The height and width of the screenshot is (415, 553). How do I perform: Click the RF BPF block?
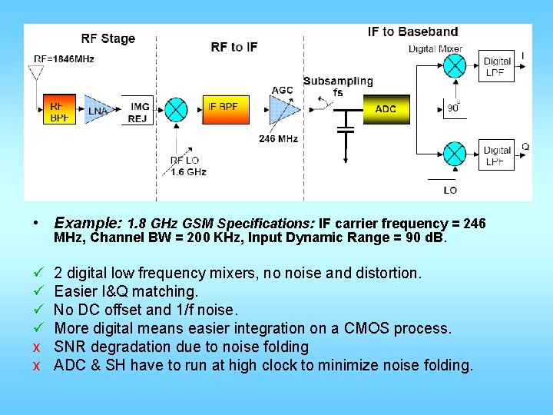point(58,111)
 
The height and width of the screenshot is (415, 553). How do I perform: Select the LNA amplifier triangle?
point(96,111)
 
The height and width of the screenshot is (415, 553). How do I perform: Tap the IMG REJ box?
point(139,112)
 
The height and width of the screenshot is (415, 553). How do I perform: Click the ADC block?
point(386,109)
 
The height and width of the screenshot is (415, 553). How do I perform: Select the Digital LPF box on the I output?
point(497,67)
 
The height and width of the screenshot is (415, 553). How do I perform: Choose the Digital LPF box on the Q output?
point(497,155)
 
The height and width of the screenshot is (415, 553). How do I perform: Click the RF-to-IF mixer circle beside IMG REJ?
point(177,110)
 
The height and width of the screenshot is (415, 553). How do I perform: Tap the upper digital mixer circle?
point(454,67)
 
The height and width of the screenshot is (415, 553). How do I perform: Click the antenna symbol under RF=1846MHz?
point(35,74)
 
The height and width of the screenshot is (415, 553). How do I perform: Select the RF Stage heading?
point(108,39)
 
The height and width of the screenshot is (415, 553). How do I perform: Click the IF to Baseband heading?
point(412,32)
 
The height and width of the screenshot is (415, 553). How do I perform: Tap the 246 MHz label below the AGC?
point(278,139)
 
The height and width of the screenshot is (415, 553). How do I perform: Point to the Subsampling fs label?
point(338,87)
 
